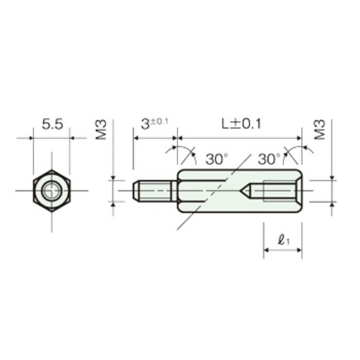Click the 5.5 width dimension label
coord(52,124)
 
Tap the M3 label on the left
coord(101,130)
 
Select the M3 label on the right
coord(320,130)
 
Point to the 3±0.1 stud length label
coord(154,124)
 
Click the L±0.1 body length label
coord(242,124)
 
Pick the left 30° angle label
coord(217,159)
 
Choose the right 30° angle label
coord(269,159)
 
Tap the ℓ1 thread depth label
coord(284,240)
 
